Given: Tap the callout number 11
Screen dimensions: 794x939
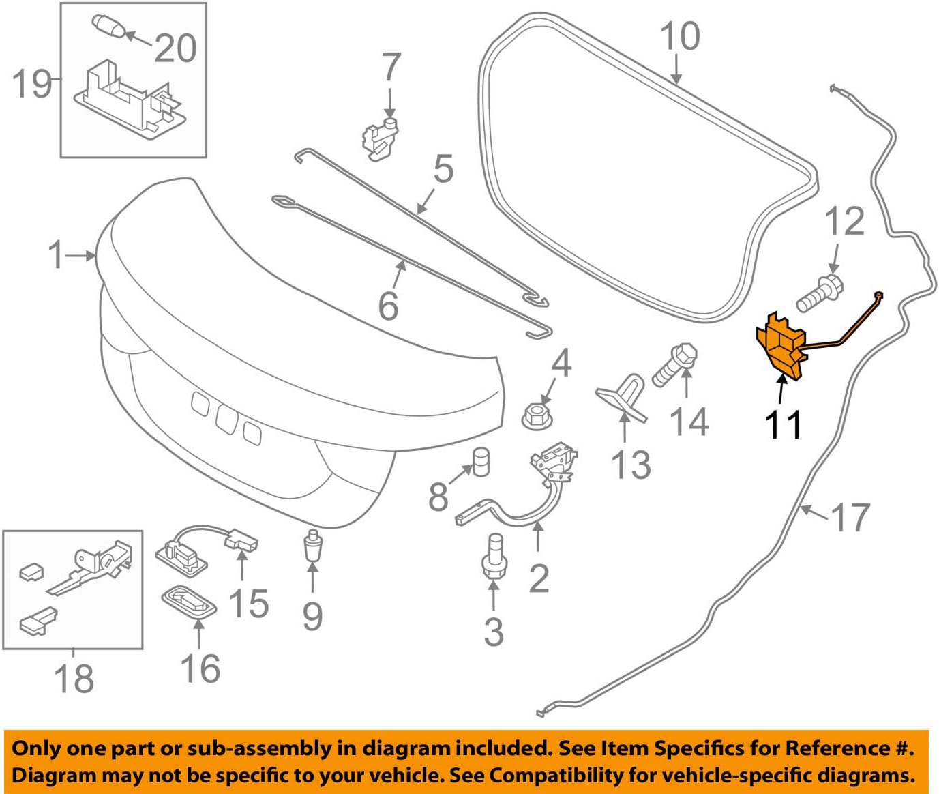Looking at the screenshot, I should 782,425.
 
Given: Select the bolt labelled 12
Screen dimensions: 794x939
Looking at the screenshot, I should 818,293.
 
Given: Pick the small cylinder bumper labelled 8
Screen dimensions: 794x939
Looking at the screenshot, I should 481,462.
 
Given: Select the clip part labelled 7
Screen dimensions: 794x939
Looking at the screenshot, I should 379,138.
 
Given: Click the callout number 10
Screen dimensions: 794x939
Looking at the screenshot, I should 680,36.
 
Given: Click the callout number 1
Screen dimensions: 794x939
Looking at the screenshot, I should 56,255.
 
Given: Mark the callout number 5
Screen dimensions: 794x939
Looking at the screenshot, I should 443,168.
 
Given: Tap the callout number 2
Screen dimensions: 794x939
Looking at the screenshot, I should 538,578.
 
